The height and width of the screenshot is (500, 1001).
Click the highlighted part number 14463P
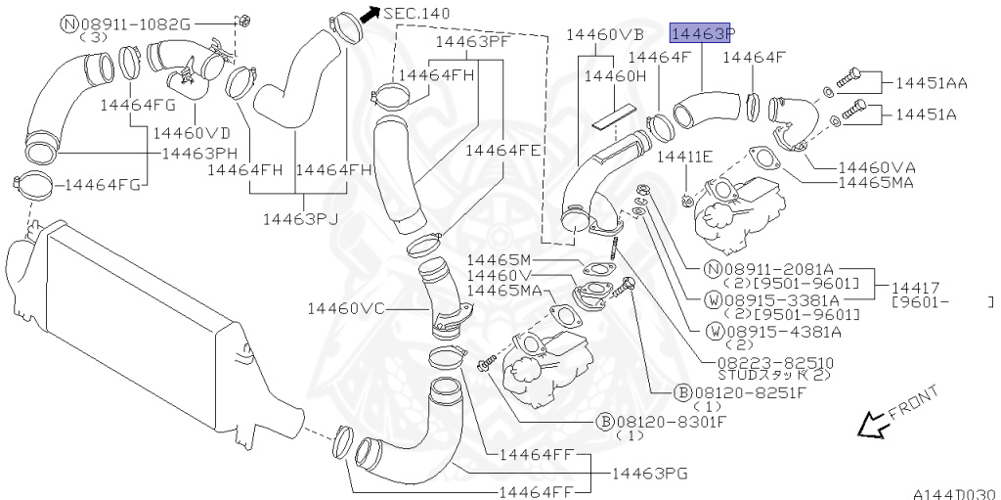coord(700,33)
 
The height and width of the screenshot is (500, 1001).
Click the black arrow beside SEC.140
coord(370,14)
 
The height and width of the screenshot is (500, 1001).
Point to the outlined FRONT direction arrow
coord(872,424)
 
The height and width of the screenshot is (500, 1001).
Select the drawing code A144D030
coord(956,493)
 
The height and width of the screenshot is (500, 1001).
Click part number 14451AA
coord(932,82)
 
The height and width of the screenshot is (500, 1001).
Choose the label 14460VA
coord(877,167)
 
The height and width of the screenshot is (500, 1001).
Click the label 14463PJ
coord(300,219)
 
